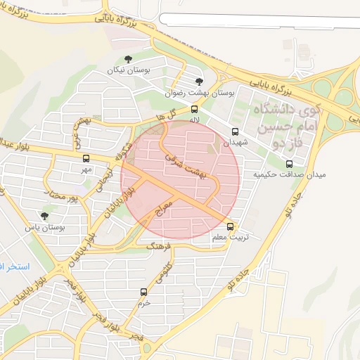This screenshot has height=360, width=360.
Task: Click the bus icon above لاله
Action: [x=195, y=109]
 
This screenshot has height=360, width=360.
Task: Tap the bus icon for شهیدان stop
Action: [x=235, y=131]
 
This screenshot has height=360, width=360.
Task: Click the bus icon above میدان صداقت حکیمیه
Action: [x=290, y=164]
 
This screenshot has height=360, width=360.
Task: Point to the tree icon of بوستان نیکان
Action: [x=127, y=60]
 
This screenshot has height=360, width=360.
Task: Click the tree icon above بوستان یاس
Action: [x=45, y=217]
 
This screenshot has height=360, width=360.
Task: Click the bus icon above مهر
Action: [x=86, y=159]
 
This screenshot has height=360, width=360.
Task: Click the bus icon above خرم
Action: [x=144, y=292]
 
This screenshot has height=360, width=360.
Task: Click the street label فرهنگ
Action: [x=159, y=247]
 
